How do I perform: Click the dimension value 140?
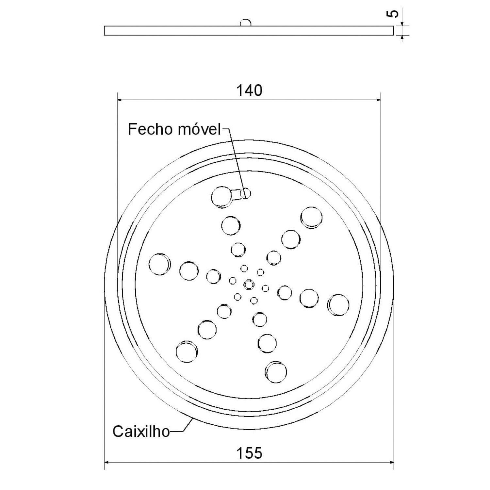coord(249,90)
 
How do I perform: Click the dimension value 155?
coord(249,453)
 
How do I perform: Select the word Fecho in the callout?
coord(151,129)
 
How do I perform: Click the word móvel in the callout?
coord(200,129)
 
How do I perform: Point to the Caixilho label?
coord(141,431)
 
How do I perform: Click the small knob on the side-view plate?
coord(246,23)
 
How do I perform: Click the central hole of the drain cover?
coord(249,284)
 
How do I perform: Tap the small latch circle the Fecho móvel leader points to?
coord(246,193)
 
